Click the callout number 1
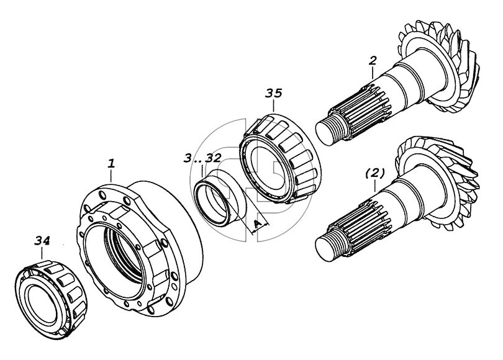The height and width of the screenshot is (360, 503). [x=111, y=164]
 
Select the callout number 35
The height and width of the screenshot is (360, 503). [x=273, y=94]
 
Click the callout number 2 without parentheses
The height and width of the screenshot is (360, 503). [x=372, y=61]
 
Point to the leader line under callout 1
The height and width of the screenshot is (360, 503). [x=111, y=175]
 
